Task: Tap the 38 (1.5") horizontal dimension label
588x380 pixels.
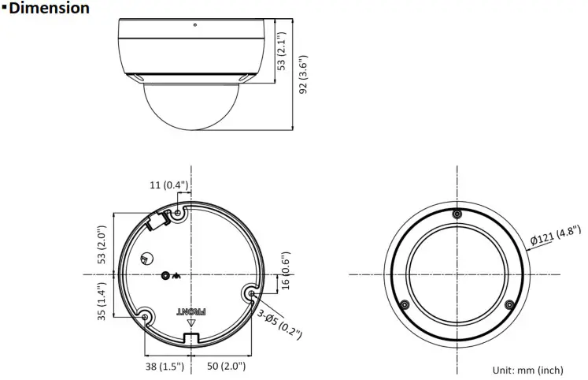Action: pos(163,366)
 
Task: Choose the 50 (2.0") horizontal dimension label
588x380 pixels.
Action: pos(225,366)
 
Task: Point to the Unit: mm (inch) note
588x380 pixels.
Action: pos(527,370)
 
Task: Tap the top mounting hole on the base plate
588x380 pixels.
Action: pos(179,213)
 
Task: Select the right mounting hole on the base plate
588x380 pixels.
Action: pos(251,293)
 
